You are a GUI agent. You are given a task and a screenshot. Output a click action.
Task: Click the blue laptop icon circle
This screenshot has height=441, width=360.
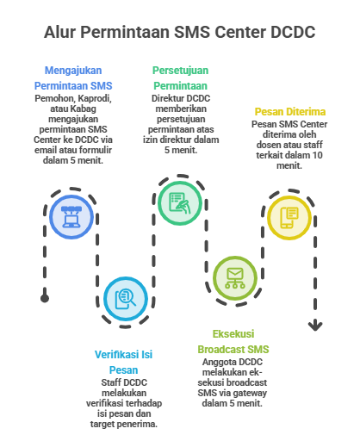tap(71, 217)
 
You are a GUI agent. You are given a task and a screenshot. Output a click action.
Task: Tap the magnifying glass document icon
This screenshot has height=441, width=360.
tap(126, 299)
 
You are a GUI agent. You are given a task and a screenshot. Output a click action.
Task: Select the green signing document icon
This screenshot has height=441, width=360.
tap(180, 203)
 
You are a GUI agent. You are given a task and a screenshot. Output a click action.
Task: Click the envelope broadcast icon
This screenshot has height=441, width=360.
tap(235, 278)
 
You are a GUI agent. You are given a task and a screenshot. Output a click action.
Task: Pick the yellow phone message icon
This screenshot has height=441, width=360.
tap(289, 217)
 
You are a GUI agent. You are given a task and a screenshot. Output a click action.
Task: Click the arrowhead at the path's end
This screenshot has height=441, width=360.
tap(315, 326)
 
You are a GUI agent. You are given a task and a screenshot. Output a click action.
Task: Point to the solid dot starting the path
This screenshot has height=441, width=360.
tap(45, 298)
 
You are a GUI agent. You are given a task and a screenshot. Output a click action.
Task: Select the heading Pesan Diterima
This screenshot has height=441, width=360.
tap(290, 111)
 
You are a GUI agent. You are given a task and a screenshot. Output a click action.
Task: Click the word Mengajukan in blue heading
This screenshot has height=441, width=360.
tap(73, 71)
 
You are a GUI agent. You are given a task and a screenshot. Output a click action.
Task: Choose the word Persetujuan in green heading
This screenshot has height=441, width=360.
tap(180, 71)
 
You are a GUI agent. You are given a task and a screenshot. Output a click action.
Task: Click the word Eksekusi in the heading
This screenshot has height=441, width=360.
tap(233, 334)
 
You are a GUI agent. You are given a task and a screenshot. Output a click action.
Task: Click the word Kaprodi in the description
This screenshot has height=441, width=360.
tap(95, 98)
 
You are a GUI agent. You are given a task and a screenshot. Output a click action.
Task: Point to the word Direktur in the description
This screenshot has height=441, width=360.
tap(166, 98)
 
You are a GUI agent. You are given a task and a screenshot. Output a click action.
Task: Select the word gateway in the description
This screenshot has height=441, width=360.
tap(249, 393)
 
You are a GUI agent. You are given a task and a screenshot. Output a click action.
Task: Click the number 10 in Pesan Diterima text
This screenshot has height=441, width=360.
tap(317, 155)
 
